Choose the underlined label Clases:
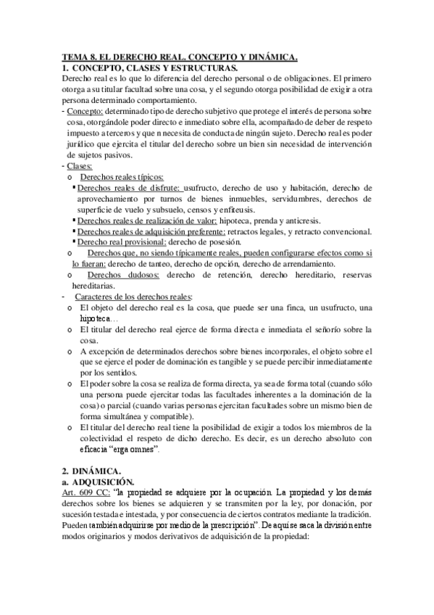[x=80, y=167]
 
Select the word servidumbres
[x=262, y=199]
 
